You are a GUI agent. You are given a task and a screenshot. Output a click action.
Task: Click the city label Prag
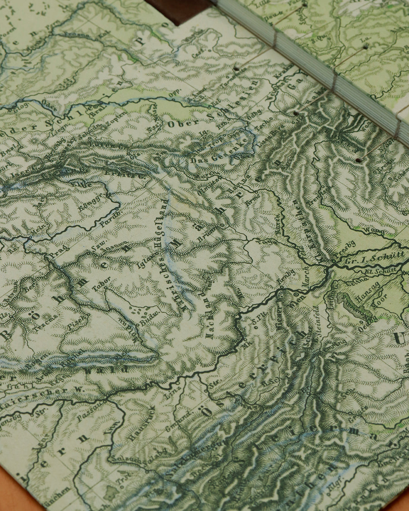click(58, 250)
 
